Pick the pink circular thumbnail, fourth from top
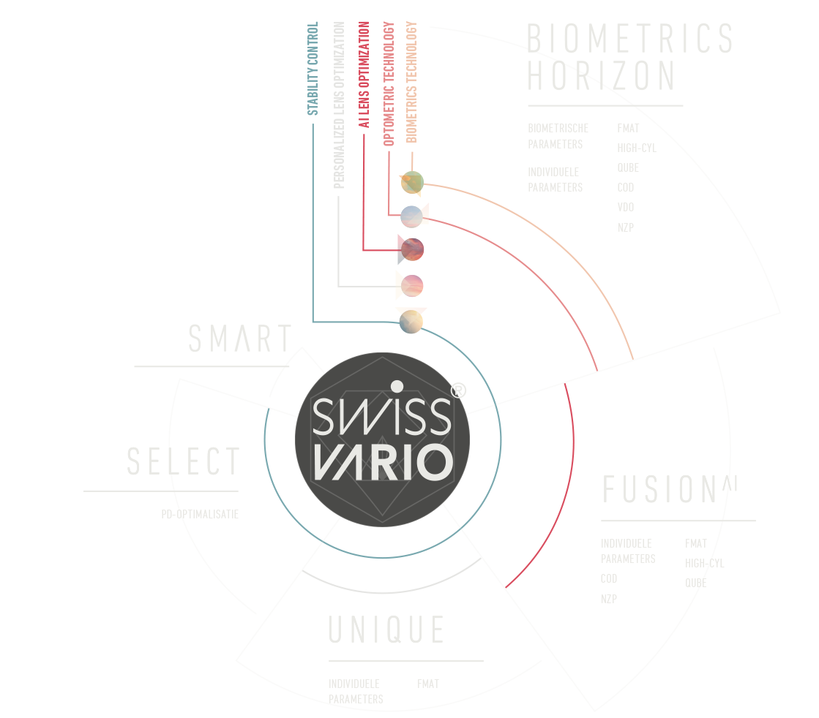tap(411, 284)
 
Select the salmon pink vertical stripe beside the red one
tap(396, 110)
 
